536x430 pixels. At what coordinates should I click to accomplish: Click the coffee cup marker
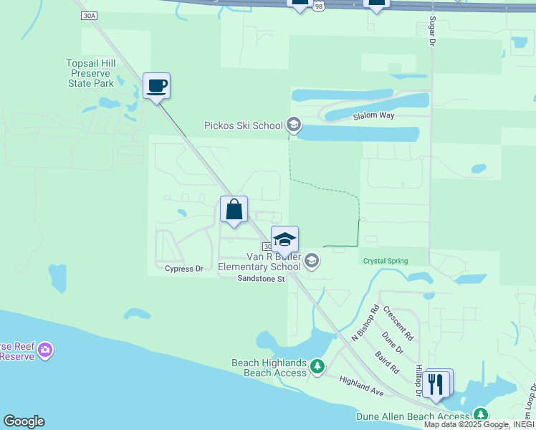[156, 87]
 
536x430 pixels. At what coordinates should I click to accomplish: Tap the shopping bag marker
[234, 210]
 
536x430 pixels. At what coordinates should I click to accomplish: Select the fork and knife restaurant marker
[436, 383]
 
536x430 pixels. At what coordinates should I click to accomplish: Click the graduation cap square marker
[284, 240]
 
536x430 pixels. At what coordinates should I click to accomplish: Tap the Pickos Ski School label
[244, 125]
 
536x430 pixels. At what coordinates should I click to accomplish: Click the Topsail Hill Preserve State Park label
[90, 73]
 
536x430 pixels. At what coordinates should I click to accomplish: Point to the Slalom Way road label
[373, 116]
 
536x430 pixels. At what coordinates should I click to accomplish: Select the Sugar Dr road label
[432, 33]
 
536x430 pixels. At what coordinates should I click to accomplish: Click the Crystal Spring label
[385, 261]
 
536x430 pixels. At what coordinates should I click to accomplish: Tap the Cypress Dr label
[184, 269]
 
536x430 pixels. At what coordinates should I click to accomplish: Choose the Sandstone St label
[262, 279]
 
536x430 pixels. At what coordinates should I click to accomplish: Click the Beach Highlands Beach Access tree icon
[317, 368]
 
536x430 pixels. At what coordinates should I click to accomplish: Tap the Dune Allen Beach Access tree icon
[480, 415]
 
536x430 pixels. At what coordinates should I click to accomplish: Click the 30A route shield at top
[89, 15]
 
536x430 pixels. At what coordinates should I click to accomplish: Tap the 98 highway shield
[319, 6]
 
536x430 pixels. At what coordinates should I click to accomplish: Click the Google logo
[23, 421]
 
